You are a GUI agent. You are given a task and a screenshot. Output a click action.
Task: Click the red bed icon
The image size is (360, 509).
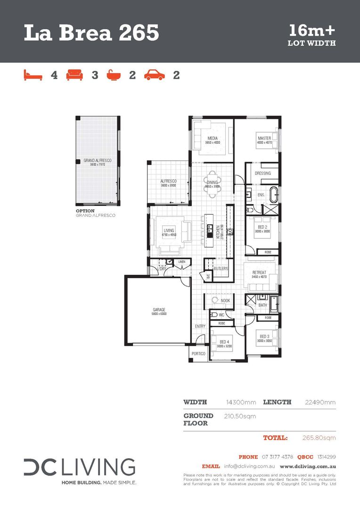[33, 75]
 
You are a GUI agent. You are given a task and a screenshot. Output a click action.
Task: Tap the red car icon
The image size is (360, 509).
[154, 75]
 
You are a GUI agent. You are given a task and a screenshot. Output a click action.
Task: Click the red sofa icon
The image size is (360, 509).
[74, 75]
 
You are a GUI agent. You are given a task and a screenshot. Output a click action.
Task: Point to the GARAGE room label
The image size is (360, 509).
[158, 310]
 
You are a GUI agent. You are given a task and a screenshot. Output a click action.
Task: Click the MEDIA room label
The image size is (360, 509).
[213, 138]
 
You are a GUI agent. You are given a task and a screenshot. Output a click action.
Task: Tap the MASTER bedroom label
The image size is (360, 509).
[264, 138]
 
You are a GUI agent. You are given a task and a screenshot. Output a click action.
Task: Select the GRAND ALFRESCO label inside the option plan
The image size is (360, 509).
[97, 161]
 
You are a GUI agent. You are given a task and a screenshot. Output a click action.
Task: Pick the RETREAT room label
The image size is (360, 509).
[259, 272]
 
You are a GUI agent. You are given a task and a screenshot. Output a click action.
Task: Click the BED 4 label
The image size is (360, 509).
[224, 342]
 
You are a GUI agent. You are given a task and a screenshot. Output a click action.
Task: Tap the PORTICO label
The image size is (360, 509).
[198, 353]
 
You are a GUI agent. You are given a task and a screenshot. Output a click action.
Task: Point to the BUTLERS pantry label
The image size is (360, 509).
[221, 269]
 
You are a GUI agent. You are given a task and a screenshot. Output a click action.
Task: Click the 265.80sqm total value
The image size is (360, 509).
[319, 438]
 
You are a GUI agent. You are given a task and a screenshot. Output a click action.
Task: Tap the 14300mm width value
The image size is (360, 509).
[241, 402]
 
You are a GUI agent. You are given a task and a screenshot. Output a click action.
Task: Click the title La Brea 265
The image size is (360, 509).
[91, 33]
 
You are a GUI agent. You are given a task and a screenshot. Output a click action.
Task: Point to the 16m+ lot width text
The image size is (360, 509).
[311, 31]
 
